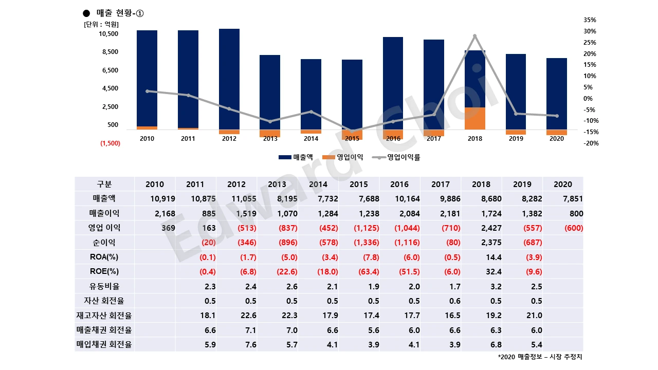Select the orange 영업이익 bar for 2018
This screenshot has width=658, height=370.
(474, 118)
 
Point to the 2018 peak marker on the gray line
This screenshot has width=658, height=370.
(474, 36)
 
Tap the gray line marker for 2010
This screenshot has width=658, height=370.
(147, 91)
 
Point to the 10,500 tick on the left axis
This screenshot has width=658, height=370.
(109, 34)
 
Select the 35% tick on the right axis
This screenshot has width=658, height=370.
(590, 20)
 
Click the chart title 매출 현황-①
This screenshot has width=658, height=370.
(113, 13)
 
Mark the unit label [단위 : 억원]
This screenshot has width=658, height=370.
(101, 24)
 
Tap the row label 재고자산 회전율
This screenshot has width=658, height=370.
(104, 315)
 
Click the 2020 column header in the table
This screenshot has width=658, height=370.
(563, 184)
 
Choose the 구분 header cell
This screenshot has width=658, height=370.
(104, 184)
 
